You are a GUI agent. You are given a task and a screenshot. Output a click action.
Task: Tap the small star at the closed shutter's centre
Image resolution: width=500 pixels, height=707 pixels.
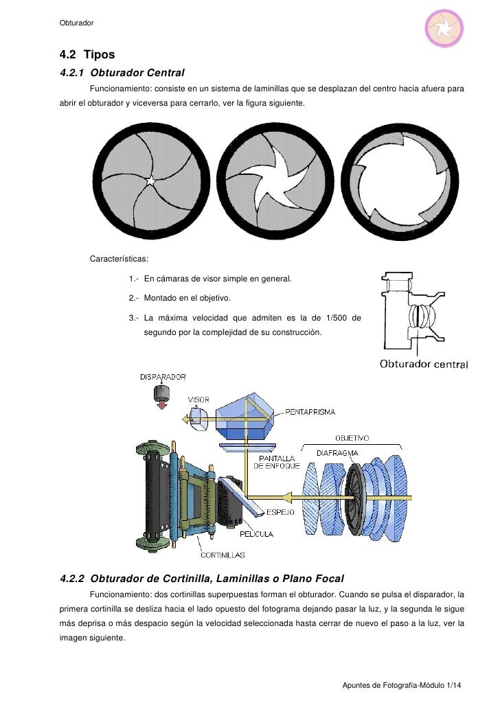click(x=150, y=181)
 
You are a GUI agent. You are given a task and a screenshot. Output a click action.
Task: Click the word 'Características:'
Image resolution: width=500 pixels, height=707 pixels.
click(x=119, y=259)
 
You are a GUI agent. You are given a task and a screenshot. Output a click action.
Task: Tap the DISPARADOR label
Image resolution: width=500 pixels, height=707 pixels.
click(x=162, y=377)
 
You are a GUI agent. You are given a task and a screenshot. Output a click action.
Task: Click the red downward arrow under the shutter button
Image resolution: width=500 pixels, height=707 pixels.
click(x=162, y=406)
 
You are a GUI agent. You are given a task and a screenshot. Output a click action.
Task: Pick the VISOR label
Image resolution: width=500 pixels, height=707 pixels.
click(x=198, y=398)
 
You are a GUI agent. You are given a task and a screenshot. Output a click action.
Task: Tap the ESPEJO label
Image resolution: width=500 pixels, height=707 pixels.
click(x=280, y=512)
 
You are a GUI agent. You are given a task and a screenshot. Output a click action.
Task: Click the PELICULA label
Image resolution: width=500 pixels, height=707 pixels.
click(x=257, y=533)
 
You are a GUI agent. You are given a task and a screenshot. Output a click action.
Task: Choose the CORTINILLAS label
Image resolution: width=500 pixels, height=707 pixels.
click(x=223, y=555)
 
